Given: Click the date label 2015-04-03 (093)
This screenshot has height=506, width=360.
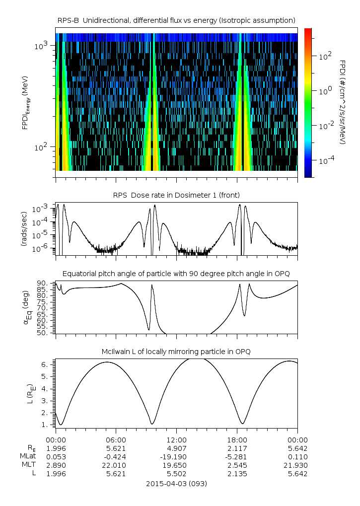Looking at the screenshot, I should click(177, 484).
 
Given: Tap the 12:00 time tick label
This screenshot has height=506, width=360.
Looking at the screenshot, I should click(176, 439).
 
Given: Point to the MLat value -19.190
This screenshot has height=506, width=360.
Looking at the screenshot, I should click(176, 456).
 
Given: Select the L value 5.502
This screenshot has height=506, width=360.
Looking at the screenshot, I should click(176, 473).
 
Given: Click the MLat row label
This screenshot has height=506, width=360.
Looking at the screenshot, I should click(25, 456).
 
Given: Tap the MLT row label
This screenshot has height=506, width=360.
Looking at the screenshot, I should click(26, 465).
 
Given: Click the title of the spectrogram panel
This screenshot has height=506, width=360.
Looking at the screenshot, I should click(177, 20).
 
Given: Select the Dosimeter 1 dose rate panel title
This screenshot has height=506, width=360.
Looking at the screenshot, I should click(177, 194).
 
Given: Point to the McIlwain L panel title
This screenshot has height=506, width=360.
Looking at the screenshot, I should click(177, 352).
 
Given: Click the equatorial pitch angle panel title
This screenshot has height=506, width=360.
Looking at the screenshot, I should click(177, 274).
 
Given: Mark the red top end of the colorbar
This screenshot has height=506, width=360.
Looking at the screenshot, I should click(308, 31).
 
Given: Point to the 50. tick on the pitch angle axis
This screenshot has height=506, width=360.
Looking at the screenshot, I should click(48, 333).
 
